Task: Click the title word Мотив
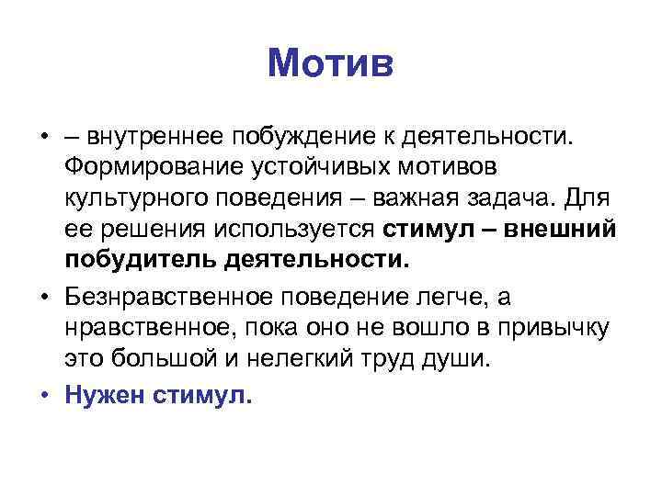point(330,65)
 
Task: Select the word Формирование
point(165,168)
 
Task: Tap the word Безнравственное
point(176,296)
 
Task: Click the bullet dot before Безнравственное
point(45,297)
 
